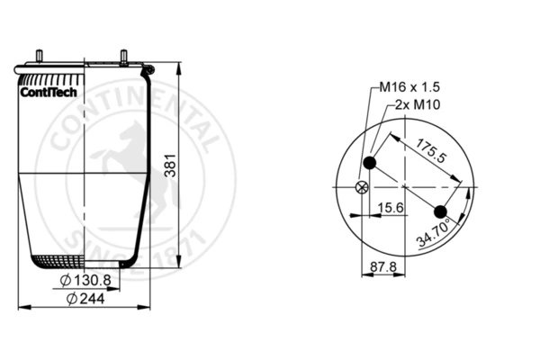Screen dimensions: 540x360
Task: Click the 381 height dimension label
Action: [170, 166]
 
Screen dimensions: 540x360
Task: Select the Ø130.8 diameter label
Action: [85, 281]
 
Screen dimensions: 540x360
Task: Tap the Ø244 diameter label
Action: [85, 298]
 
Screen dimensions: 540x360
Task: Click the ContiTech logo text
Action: [49, 93]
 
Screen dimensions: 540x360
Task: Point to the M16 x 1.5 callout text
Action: [409, 87]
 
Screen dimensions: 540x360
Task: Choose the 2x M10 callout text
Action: [418, 104]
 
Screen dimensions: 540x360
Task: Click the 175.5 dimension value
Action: [431, 150]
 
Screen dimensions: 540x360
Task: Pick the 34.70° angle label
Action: [434, 233]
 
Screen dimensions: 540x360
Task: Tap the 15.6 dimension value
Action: [391, 208]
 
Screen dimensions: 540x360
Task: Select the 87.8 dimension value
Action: [383, 266]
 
